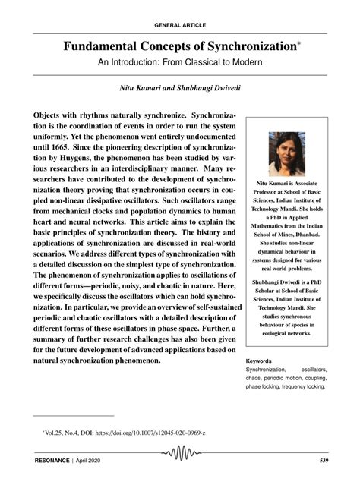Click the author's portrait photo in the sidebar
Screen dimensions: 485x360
(287, 154)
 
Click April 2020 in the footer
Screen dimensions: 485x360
(91, 460)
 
